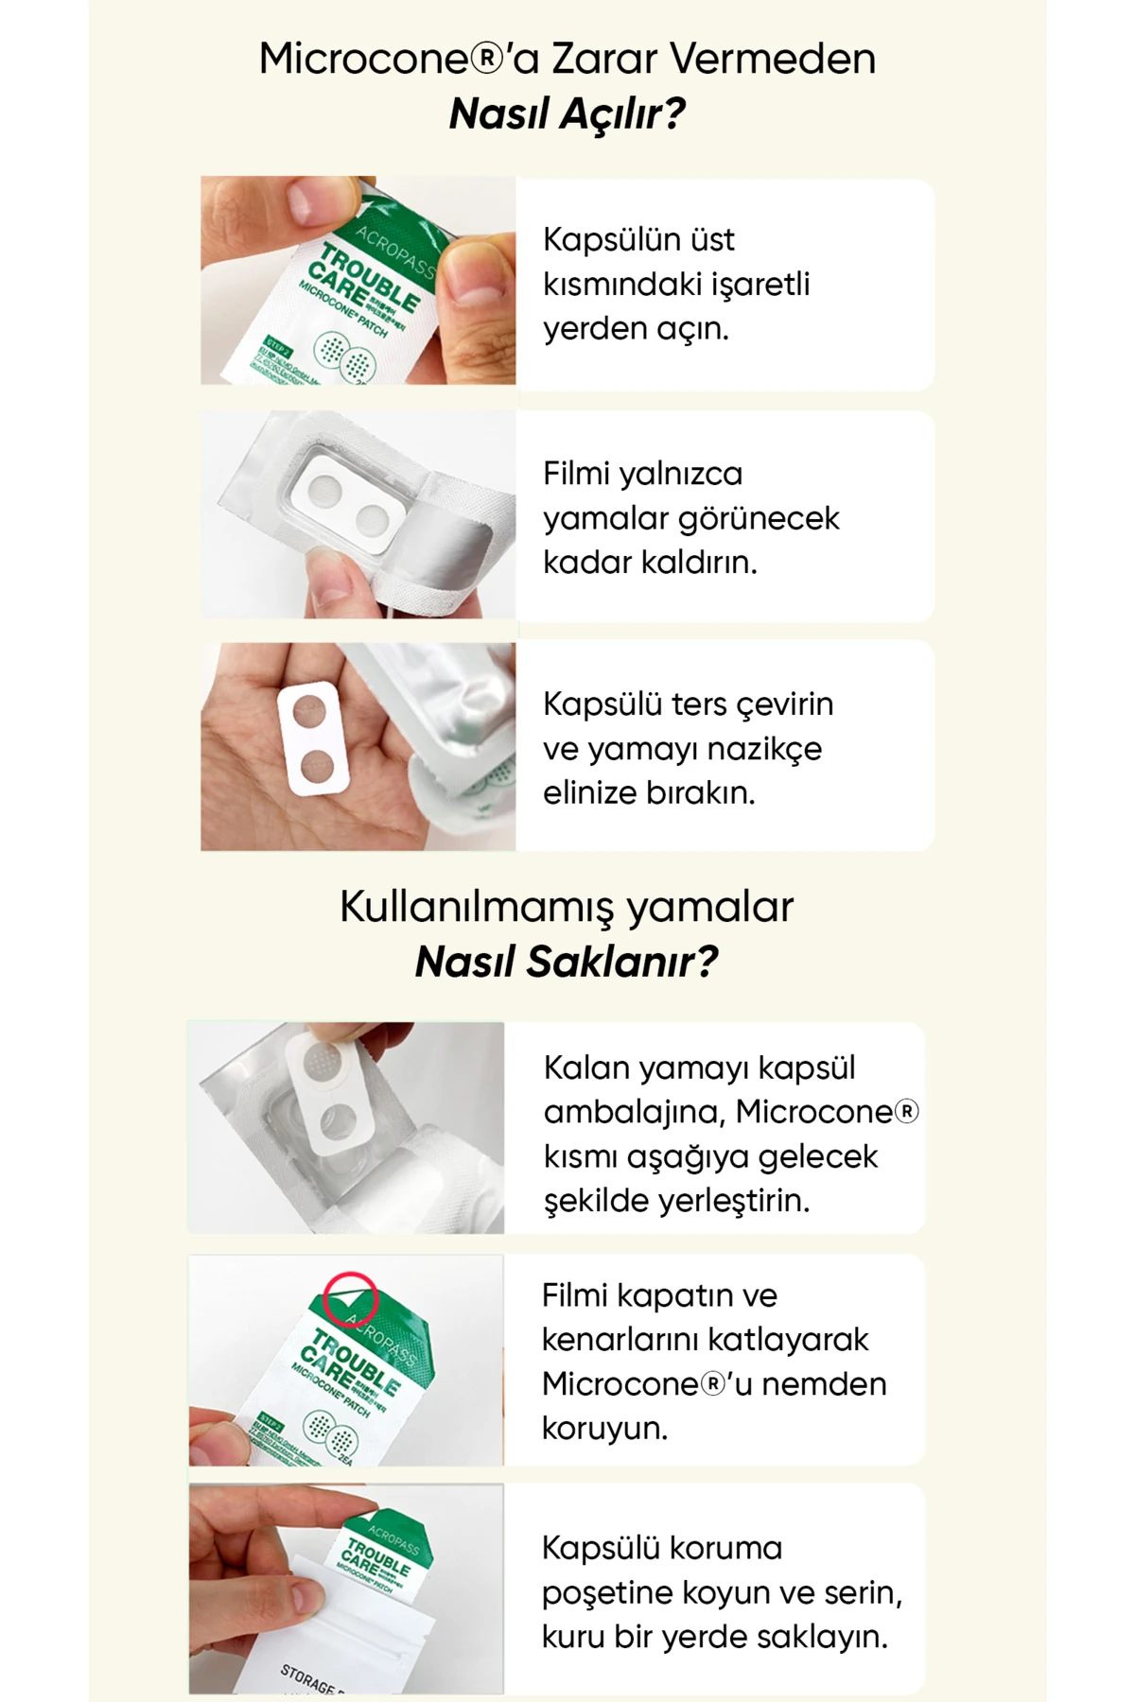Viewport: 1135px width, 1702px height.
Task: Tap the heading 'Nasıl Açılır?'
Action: pyautogui.click(x=567, y=113)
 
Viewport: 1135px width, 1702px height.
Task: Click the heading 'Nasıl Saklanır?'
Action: pyautogui.click(x=567, y=962)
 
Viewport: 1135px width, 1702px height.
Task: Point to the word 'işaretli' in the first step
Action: pyautogui.click(x=757, y=284)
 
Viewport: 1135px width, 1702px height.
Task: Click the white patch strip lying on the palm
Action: pyautogui.click(x=308, y=734)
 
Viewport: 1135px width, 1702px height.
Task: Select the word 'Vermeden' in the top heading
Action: pyautogui.click(x=773, y=59)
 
